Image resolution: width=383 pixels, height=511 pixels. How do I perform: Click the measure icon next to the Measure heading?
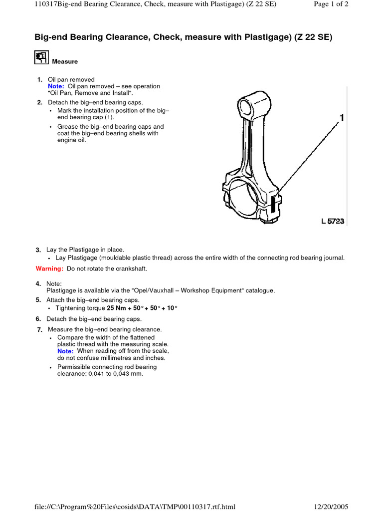point(41,57)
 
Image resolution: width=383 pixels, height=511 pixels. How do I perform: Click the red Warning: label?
point(49,268)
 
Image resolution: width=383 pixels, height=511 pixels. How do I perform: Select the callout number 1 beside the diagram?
point(342,118)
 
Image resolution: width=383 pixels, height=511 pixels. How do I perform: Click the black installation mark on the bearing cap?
point(273,203)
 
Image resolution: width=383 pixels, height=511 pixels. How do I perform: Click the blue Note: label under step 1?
point(56,86)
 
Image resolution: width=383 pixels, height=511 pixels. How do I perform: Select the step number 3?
point(38,250)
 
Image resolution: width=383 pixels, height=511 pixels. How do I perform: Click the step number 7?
point(39,330)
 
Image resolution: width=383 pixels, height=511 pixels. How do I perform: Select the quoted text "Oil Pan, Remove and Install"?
point(90,93)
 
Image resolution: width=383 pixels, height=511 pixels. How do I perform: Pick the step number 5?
point(38,300)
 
